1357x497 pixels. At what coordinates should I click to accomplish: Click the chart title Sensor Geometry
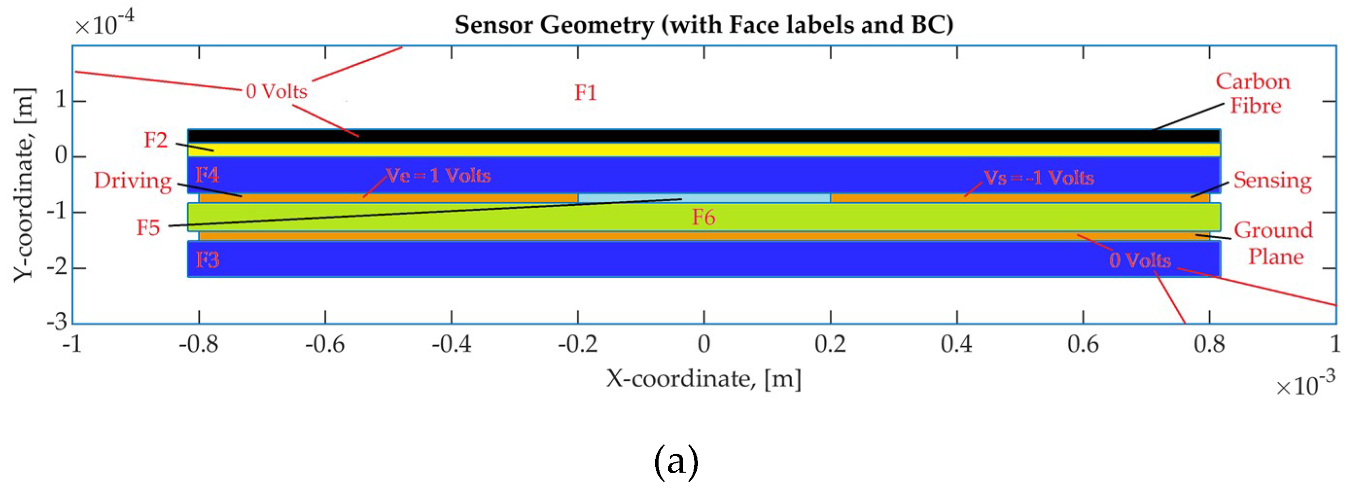pos(704,24)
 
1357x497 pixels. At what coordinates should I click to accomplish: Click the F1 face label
pos(585,93)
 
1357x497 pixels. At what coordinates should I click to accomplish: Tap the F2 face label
pos(156,140)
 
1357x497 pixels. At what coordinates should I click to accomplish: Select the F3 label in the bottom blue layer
pos(207,260)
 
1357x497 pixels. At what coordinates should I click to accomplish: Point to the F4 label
pos(207,175)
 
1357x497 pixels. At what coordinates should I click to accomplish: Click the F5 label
pos(148,228)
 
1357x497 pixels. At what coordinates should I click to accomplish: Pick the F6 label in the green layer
pos(703,217)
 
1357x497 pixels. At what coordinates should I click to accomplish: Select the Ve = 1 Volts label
pos(438,176)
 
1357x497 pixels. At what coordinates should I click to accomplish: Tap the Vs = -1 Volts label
pos(1039,177)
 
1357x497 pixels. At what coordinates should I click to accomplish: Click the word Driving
pos(133,181)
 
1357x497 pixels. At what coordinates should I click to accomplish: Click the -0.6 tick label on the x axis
pos(325,345)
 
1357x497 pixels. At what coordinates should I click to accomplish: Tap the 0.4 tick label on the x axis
pos(957,345)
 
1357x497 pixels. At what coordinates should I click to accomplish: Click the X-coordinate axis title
pos(704,378)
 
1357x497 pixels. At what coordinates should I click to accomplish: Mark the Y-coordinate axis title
pos(23,184)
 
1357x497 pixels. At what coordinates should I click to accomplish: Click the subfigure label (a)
pos(677,461)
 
